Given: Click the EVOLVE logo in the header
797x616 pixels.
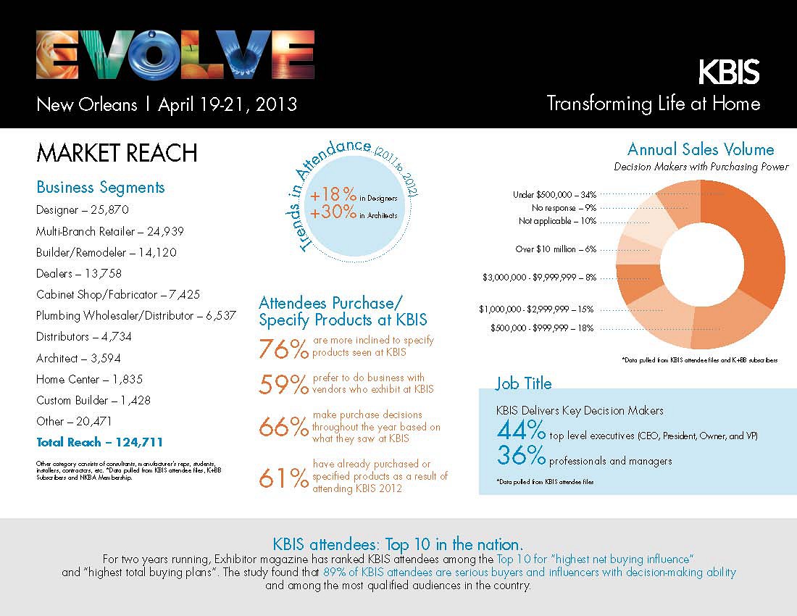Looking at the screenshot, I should (175, 56).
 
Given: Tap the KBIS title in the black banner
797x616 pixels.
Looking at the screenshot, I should (728, 73).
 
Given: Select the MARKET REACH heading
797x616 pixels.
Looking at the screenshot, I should (117, 154).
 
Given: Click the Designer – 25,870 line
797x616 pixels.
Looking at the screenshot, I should (83, 210).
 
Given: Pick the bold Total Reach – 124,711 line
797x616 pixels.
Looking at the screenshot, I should (99, 442).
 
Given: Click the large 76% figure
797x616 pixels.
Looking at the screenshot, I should (284, 349).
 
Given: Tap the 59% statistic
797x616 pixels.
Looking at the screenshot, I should (284, 386).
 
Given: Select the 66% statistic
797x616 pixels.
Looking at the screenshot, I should (284, 428).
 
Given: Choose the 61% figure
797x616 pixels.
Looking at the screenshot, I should (284, 478).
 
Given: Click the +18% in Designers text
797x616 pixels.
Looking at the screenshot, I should (354, 196).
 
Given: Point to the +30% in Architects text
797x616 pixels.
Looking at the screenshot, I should (354, 212).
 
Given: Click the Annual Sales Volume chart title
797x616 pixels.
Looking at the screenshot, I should (701, 150).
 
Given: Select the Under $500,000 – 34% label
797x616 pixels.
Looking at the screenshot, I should (554, 194).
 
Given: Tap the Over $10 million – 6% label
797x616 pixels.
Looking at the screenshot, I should (556, 249).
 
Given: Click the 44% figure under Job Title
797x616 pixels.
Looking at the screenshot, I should (521, 432).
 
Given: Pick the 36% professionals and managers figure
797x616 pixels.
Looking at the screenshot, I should (521, 457).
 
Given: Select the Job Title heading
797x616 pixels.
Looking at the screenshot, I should (523, 383).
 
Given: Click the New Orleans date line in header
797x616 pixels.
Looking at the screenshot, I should (167, 104).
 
